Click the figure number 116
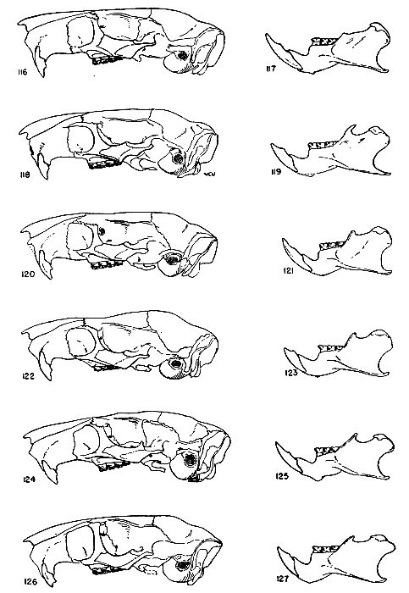click(22, 72)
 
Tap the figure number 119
click(276, 172)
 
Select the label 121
click(289, 271)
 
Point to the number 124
click(29, 479)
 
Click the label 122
click(28, 376)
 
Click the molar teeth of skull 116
click(107, 59)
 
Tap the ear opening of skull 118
click(177, 158)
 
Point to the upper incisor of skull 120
click(46, 264)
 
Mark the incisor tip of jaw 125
click(277, 443)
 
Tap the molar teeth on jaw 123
click(331, 347)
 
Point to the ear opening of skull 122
click(176, 365)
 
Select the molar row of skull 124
click(113, 466)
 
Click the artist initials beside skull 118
click(207, 174)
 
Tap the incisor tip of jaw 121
click(284, 240)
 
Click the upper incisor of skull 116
click(40, 63)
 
